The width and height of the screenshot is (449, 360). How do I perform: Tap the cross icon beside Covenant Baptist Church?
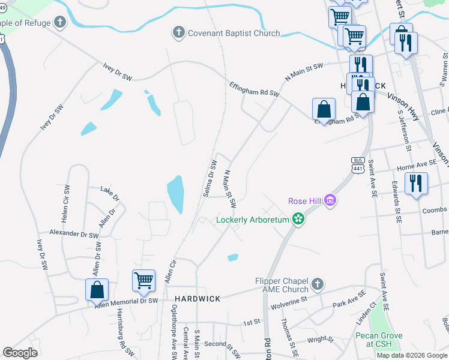point(178,32)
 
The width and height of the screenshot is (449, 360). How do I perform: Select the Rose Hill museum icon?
point(330,200)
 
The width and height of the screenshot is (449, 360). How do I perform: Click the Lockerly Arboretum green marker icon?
point(298,220)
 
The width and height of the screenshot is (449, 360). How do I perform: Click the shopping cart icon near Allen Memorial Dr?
point(143,280)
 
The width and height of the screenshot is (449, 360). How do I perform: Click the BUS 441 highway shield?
point(358,165)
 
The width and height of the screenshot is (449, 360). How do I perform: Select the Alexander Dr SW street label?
point(74,233)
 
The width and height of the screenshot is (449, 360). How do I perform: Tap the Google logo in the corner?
point(20,353)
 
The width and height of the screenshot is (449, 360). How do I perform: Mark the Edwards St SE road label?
point(396,202)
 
